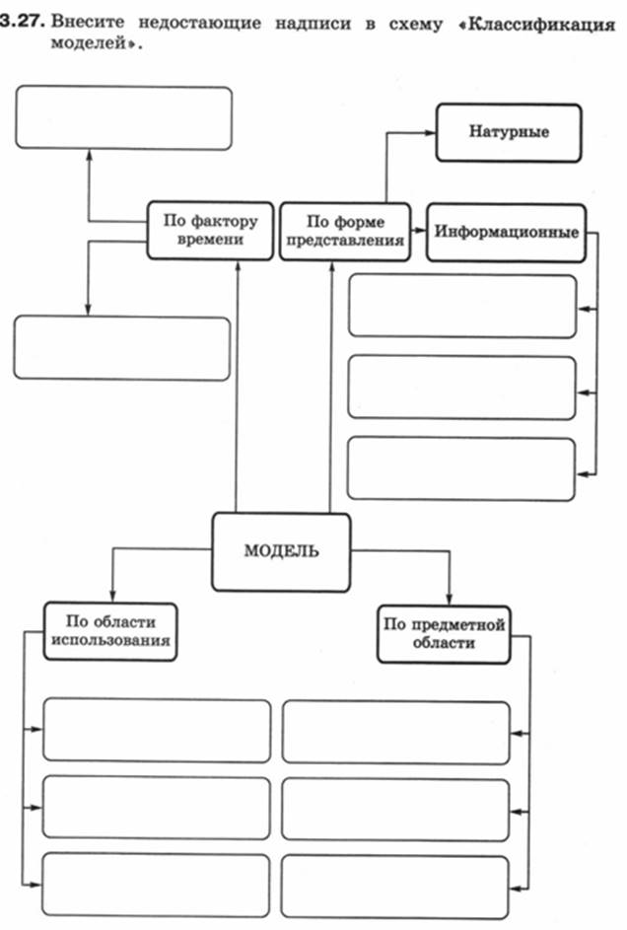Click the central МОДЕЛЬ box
(x=281, y=552)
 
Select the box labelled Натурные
(x=509, y=132)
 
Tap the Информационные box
(x=506, y=233)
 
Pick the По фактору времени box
(x=210, y=230)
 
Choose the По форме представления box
(x=345, y=232)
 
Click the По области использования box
(x=110, y=631)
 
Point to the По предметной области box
(x=444, y=634)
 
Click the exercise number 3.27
(x=22, y=22)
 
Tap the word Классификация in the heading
(x=541, y=25)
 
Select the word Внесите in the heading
(x=88, y=23)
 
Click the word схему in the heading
(x=415, y=25)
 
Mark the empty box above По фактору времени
(x=124, y=117)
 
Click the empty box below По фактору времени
(x=122, y=348)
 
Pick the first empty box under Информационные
(x=462, y=306)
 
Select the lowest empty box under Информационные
(x=461, y=468)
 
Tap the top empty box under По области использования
(x=157, y=730)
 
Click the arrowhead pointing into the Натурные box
(x=430, y=133)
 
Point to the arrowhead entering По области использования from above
(x=112, y=597)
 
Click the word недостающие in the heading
(x=200, y=24)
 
